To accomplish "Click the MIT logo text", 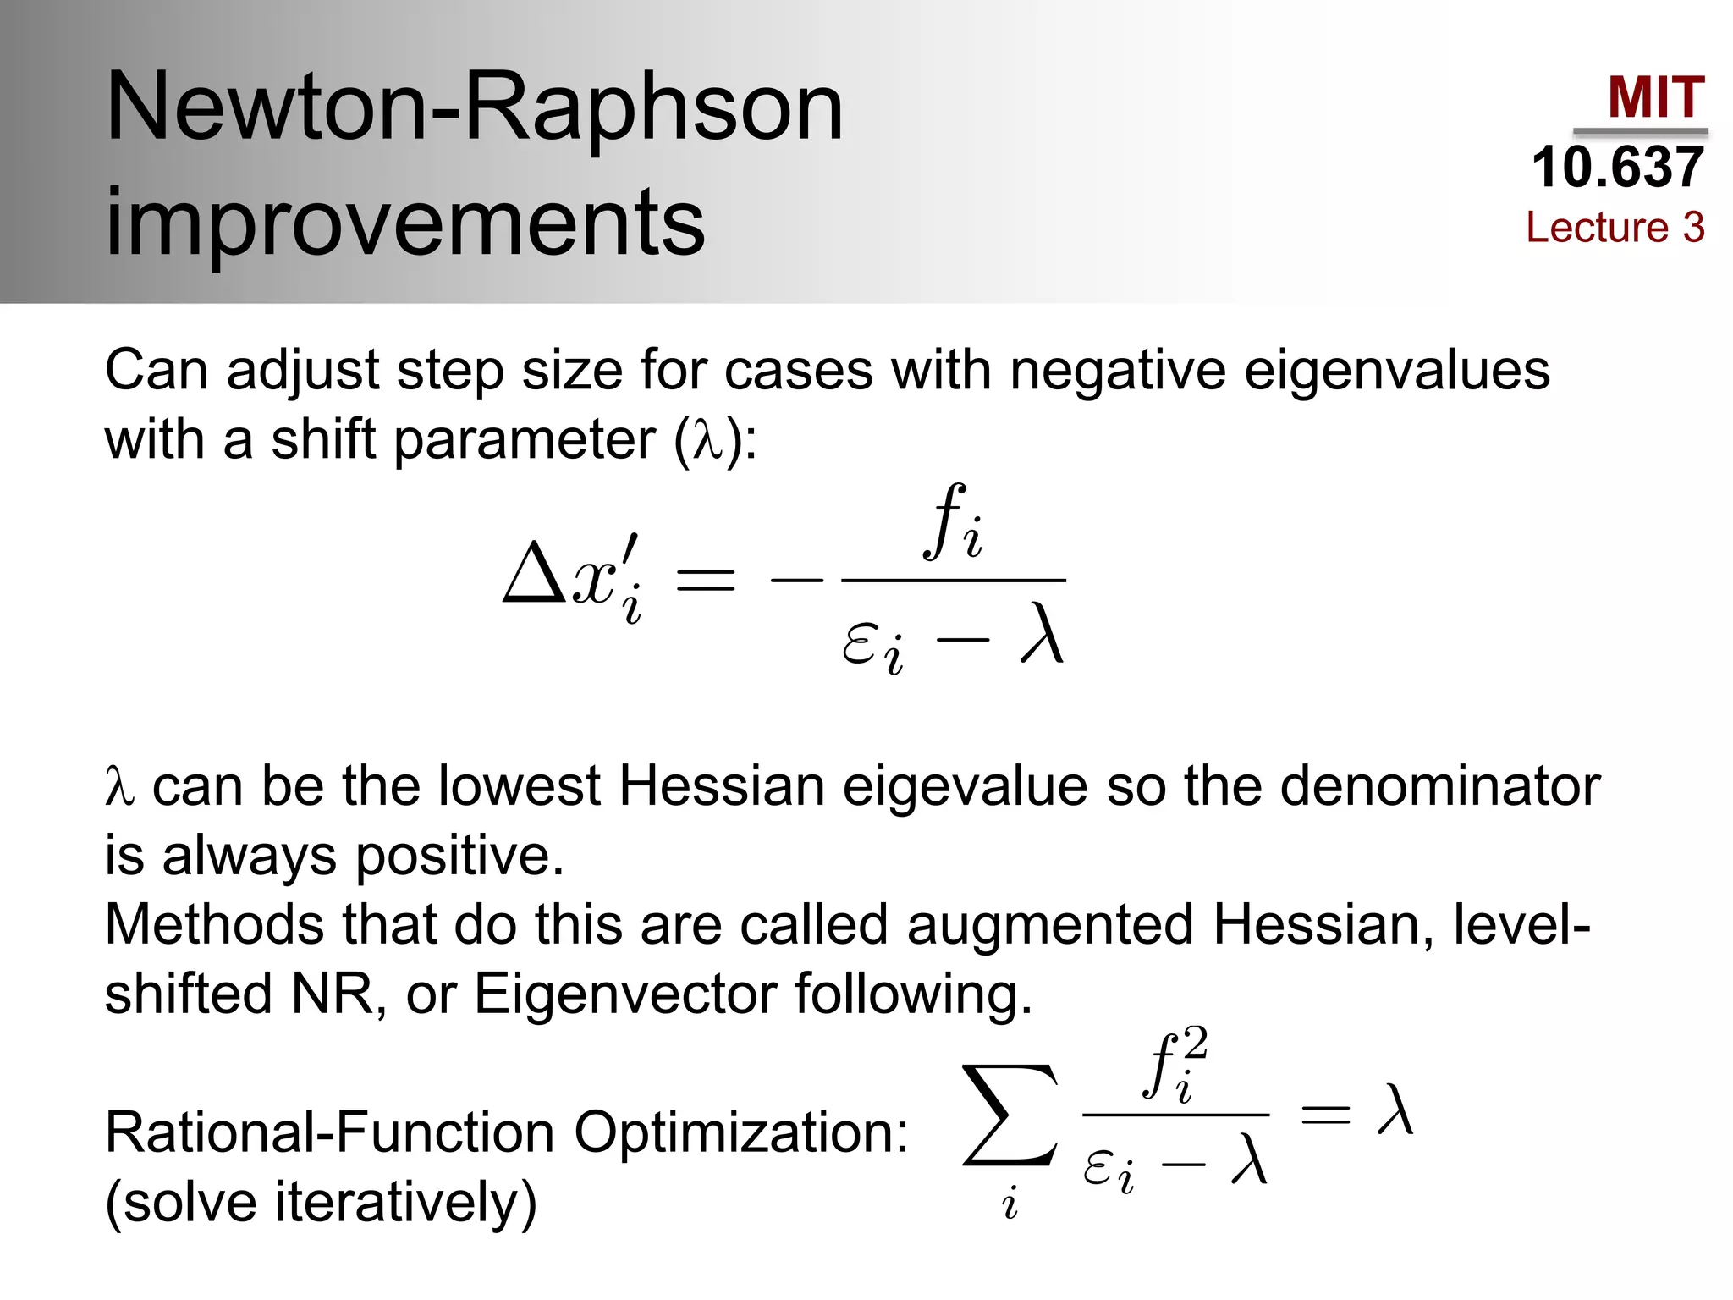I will tap(1655, 97).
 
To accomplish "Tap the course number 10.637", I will tap(1617, 167).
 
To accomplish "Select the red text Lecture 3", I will tap(1615, 227).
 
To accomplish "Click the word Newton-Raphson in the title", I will tap(474, 107).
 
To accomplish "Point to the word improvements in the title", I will tap(404, 222).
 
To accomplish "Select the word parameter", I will tap(525, 440).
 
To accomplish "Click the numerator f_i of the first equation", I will tap(954, 524).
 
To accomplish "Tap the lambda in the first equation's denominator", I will tap(1041, 635).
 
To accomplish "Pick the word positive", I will tap(459, 857).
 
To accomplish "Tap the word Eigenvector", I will tap(624, 994).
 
